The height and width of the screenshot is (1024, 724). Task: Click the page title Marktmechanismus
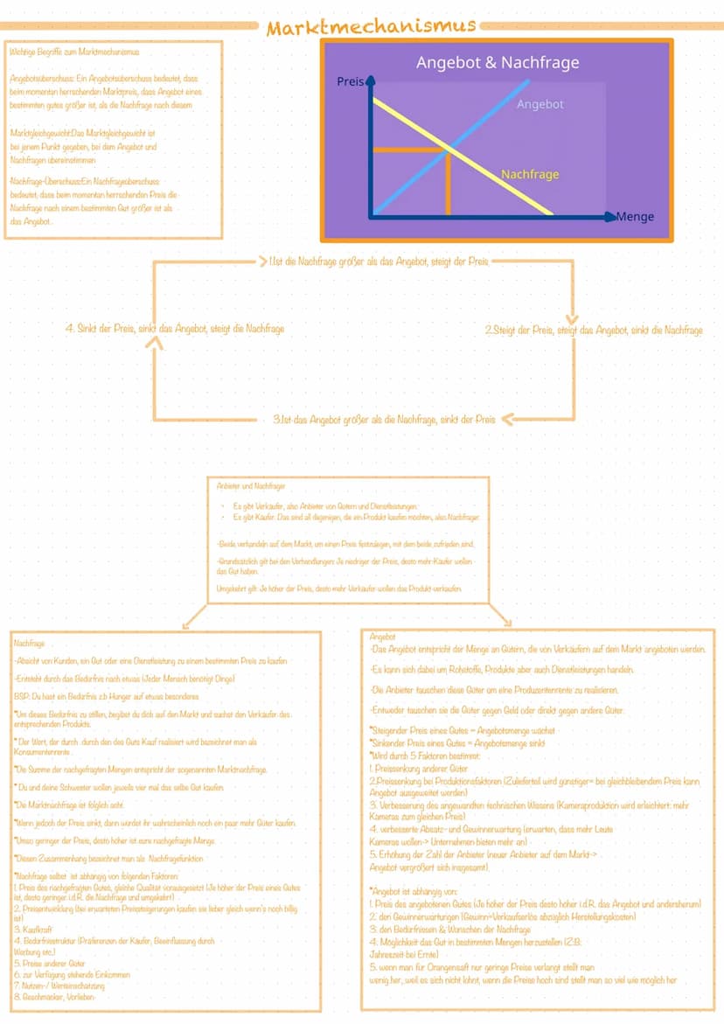coord(372,27)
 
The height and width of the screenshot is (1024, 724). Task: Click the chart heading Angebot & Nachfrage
coord(497,63)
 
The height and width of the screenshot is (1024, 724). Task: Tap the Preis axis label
coord(349,81)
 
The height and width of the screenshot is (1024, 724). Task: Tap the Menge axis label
coord(635,216)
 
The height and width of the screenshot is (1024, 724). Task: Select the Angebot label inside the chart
coord(540,104)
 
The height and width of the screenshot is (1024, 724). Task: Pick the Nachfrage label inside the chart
coord(529,174)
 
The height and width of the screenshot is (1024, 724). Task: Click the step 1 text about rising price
coord(379,261)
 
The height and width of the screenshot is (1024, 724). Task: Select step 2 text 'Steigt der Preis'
coord(593,330)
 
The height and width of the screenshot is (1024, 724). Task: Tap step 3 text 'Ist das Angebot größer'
coord(384,419)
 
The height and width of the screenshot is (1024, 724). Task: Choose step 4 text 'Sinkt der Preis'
coord(175,329)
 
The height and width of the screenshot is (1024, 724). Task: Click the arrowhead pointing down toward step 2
coord(573,316)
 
